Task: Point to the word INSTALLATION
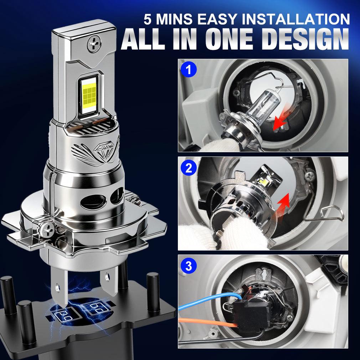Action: tap(292, 19)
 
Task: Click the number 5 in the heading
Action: tap(148, 19)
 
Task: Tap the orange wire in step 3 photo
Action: tap(207, 323)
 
